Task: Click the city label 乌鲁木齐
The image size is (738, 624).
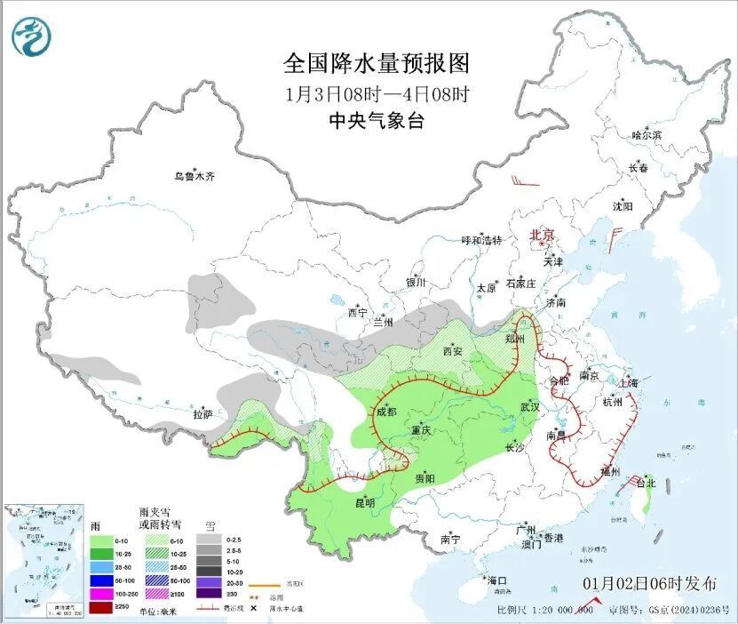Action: pyautogui.click(x=194, y=176)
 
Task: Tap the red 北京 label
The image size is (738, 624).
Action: pyautogui.click(x=542, y=235)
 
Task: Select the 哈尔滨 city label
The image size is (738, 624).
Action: pyautogui.click(x=647, y=134)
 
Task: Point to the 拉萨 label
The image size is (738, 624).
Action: pyautogui.click(x=202, y=413)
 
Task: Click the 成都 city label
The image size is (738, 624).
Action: pyautogui.click(x=385, y=412)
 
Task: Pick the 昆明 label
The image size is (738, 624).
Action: pyautogui.click(x=365, y=502)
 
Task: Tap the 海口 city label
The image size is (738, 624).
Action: pyautogui.click(x=498, y=580)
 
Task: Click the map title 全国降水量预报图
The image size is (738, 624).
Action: pyautogui.click(x=376, y=64)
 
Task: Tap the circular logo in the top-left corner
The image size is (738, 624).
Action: pyautogui.click(x=32, y=36)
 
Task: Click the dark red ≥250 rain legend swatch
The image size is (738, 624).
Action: pyautogui.click(x=99, y=606)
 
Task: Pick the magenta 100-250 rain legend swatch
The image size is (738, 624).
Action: pyautogui.click(x=99, y=593)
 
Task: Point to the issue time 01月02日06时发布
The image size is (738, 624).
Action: pyautogui.click(x=650, y=584)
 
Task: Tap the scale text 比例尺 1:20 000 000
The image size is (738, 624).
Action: pyautogui.click(x=544, y=610)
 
